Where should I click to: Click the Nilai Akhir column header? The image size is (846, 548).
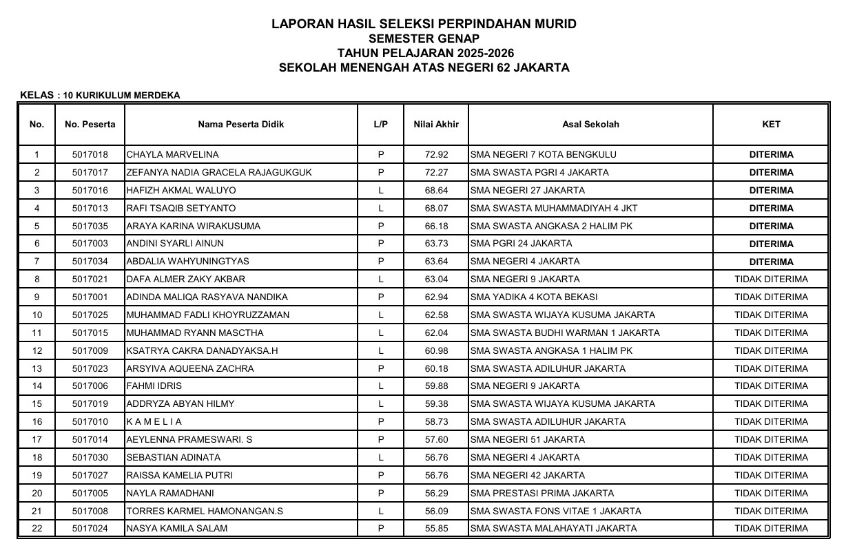coord(435,125)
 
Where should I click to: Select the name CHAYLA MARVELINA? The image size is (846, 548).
coord(172,155)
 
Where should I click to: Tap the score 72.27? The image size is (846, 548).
coord(436,173)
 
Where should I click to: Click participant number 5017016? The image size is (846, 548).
coord(90,191)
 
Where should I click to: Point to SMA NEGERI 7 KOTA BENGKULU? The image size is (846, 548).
coord(543,155)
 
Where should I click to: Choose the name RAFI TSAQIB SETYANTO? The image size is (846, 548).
coord(181,209)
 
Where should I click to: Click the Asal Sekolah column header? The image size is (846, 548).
coord(590,125)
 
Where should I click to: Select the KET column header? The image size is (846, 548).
coord(771,125)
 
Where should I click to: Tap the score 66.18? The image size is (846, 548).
coord(436,226)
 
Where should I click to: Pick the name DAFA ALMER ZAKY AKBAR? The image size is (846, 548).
coord(186,280)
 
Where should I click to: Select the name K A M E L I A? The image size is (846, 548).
coord(155,422)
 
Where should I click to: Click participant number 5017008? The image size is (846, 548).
coord(90,512)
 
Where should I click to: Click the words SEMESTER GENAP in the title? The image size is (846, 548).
coord(424,39)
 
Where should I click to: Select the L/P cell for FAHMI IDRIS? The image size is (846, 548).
coord(380,386)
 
